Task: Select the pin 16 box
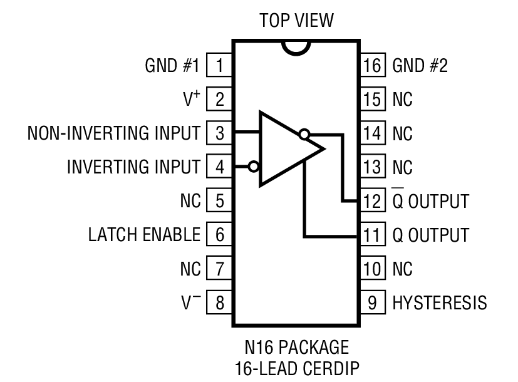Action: coord(373,65)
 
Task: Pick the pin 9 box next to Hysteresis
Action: coord(373,303)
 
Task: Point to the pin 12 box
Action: coord(373,201)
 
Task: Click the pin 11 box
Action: coord(373,235)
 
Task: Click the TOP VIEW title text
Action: coord(296,21)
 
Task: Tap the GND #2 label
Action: coord(420,65)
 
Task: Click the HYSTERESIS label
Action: coord(439,303)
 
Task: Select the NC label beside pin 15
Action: coord(403,99)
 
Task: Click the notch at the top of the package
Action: coord(296,47)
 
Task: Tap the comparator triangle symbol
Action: coord(285,149)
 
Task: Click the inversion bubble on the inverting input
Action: coord(254,167)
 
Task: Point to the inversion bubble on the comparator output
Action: coord(304,133)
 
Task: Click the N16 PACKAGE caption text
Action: coord(296,346)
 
